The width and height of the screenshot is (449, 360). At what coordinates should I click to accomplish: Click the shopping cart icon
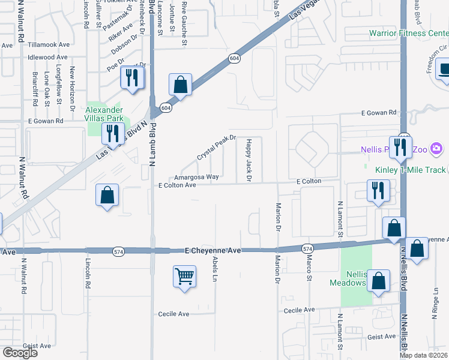point(184,277)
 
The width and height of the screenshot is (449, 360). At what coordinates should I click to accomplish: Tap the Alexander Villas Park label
point(104,114)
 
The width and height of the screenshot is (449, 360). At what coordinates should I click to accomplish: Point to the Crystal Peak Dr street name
point(217,148)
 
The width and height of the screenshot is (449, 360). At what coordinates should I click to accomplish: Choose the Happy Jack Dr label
point(248,160)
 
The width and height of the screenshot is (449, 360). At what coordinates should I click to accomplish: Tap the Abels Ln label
point(214,270)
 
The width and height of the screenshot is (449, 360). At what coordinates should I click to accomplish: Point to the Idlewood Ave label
point(47,58)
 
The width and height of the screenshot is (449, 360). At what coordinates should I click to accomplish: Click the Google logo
point(20,353)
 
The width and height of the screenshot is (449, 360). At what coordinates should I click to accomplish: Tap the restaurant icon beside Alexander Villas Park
point(112,134)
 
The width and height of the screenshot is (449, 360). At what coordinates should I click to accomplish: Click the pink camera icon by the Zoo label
point(436,148)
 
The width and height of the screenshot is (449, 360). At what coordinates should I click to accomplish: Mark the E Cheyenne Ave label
point(213,250)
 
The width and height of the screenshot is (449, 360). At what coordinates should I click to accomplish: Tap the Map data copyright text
point(424,355)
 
